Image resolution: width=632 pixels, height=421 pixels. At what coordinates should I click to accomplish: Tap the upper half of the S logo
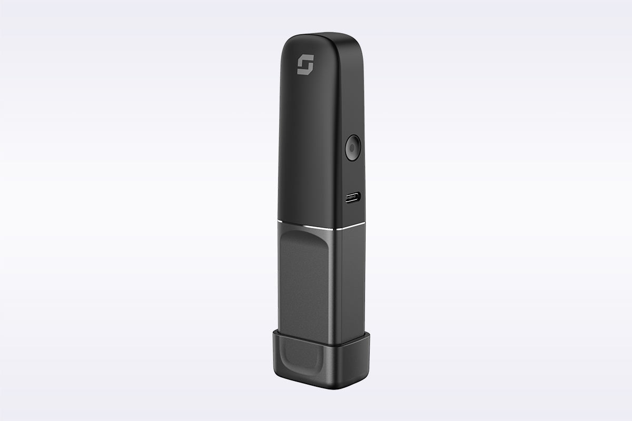(303, 61)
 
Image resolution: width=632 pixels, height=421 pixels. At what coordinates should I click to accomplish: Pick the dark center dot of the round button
(351, 148)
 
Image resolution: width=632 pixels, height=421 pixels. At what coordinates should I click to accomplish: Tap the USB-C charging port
(351, 199)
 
